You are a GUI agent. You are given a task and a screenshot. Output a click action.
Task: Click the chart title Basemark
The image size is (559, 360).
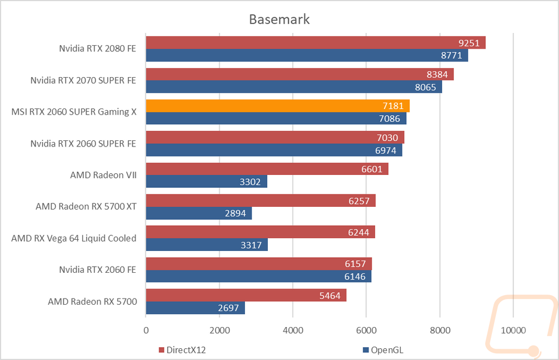(279, 19)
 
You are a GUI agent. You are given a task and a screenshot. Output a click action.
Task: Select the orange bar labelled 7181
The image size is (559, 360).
(278, 106)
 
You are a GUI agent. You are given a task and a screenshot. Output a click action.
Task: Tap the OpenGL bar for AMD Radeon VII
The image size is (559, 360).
(206, 182)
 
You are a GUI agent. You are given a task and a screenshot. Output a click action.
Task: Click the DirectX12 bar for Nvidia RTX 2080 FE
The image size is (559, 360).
(316, 43)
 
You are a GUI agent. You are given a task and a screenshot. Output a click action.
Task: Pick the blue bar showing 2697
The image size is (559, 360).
(195, 307)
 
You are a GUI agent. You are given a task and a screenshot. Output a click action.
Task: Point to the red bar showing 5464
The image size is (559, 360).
(246, 295)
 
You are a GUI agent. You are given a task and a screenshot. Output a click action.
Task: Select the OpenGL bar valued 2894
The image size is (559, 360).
(199, 213)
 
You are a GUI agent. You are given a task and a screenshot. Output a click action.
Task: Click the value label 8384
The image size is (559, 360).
(437, 74)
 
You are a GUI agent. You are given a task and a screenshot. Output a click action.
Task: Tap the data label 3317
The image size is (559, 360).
(251, 245)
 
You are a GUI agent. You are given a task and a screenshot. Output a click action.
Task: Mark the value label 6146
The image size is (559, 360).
(355, 277)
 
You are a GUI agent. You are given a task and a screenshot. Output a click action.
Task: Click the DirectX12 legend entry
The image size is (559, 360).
(182, 350)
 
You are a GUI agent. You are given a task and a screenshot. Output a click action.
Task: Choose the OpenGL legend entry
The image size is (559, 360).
(383, 350)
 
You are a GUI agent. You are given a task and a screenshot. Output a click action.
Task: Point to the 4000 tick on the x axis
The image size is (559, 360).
(293, 330)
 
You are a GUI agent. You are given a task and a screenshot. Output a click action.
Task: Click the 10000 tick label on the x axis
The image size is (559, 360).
(513, 330)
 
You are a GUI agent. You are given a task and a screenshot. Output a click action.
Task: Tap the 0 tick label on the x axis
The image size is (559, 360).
(146, 330)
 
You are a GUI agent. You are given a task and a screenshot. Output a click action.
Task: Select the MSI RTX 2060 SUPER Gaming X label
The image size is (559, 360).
(74, 112)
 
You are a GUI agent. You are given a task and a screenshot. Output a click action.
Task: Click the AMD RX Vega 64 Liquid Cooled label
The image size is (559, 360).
(74, 238)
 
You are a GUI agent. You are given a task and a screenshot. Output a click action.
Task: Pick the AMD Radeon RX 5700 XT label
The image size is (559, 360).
(86, 207)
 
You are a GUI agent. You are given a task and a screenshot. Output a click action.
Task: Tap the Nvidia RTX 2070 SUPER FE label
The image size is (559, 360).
(83, 80)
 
